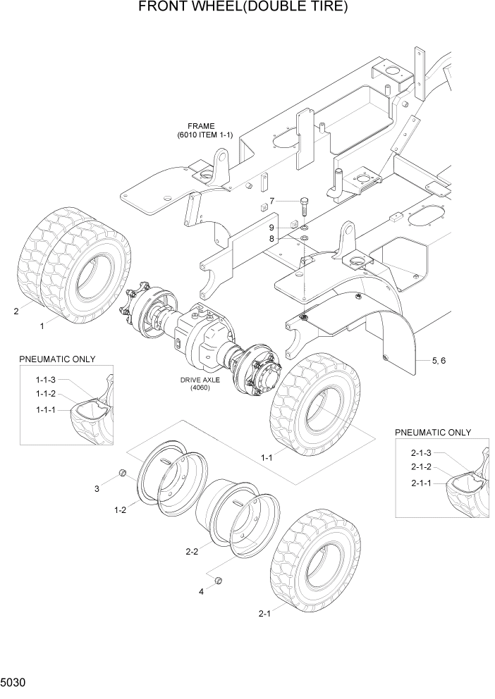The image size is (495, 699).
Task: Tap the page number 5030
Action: coord(15,683)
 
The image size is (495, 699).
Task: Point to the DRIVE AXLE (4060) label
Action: coord(201,384)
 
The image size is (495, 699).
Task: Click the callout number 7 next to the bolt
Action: coord(271,202)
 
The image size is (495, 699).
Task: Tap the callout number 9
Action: coord(271,228)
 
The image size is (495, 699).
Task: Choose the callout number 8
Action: coord(271,239)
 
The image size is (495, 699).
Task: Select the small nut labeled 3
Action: coord(121,472)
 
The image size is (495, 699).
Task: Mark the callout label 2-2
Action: coord(191,552)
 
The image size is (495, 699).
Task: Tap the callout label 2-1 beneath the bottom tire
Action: coord(265,614)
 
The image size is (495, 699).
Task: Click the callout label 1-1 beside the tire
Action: coord(267,457)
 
